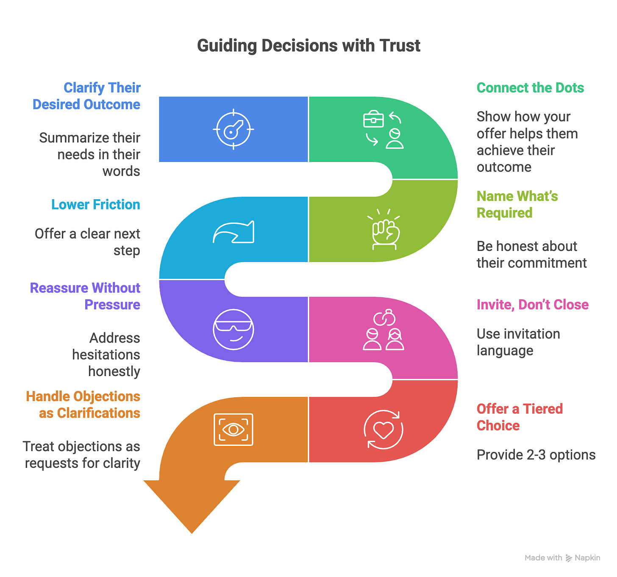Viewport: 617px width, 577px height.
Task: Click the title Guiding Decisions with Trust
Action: click(308, 46)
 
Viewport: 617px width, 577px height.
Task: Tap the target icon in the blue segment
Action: click(233, 129)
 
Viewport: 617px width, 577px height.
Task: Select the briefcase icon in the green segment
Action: click(373, 120)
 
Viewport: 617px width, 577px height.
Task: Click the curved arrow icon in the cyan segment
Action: click(233, 232)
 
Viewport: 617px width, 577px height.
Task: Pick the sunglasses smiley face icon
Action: click(233, 329)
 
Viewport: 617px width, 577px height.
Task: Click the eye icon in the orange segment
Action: click(233, 429)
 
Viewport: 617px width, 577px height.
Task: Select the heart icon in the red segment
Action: click(384, 429)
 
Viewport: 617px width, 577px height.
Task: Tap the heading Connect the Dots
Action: click(530, 88)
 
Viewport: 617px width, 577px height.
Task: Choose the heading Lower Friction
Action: click(96, 205)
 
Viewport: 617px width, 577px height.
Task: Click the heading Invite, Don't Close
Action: click(533, 305)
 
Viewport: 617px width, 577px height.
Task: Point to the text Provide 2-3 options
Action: click(536, 455)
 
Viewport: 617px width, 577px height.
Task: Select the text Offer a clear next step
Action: click(87, 242)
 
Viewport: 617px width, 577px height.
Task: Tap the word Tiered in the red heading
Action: click(543, 409)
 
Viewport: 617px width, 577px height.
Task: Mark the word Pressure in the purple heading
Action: click(112, 305)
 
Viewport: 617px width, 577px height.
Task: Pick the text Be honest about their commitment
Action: click(531, 254)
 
